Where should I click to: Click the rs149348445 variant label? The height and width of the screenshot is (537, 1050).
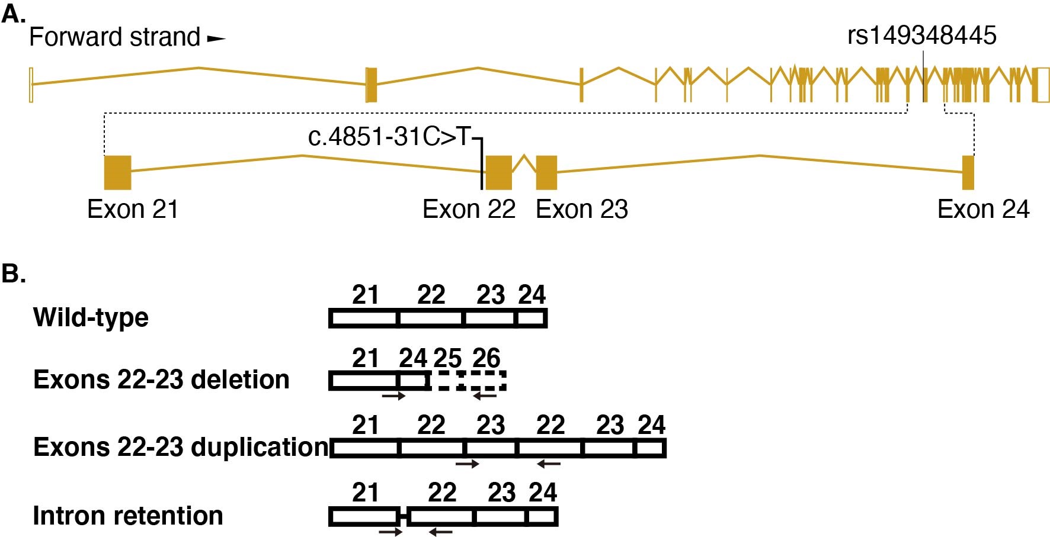(x=921, y=36)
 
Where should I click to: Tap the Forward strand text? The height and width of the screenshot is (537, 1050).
(x=114, y=37)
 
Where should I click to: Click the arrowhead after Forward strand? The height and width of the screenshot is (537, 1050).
(x=216, y=39)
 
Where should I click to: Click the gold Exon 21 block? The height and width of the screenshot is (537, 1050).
(x=117, y=172)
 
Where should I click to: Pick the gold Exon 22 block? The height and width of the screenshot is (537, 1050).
(x=498, y=172)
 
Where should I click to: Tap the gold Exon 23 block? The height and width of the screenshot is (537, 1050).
(x=546, y=172)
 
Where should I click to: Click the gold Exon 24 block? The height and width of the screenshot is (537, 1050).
(x=968, y=172)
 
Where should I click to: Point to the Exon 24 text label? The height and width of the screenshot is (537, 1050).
(x=983, y=210)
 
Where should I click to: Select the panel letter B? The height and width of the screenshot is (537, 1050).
(x=13, y=274)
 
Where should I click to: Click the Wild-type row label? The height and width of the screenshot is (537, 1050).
(x=91, y=317)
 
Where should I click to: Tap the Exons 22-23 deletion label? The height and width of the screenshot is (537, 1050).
(x=161, y=380)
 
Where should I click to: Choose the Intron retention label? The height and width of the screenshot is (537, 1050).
(x=128, y=516)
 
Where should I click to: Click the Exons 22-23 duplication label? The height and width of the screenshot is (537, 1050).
(x=181, y=447)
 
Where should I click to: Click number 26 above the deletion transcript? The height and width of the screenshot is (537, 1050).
(x=486, y=358)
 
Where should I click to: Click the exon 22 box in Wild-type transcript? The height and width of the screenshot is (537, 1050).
(x=430, y=319)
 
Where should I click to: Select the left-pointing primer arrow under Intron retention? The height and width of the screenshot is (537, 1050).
(x=440, y=532)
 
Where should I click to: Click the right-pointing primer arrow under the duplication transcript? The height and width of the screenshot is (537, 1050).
(x=467, y=464)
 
